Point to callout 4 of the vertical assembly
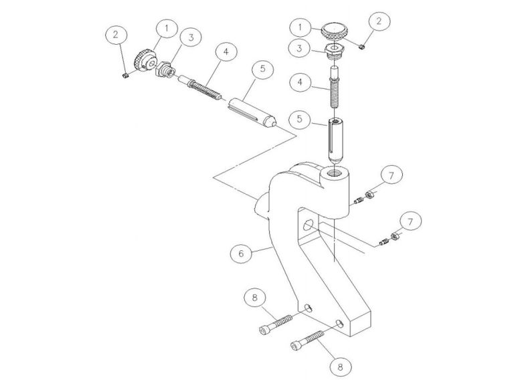(299, 83)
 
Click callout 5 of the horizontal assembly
(262, 69)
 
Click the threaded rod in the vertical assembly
(333, 86)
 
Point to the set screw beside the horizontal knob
(126, 76)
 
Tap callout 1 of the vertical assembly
(299, 27)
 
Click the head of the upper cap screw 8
(265, 329)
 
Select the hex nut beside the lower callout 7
(395, 236)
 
